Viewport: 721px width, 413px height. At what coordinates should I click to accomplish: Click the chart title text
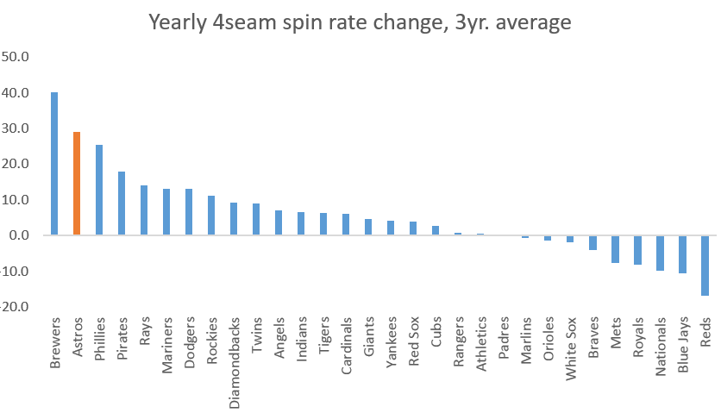[360, 23]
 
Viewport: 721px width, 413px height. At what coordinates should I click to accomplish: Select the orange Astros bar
[77, 184]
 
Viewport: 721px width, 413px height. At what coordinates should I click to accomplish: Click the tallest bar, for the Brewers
[54, 164]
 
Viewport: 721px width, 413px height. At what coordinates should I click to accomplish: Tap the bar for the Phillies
[99, 190]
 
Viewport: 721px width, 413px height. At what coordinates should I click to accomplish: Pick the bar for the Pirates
[122, 203]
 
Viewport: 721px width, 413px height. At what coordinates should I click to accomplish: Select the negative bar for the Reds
[705, 266]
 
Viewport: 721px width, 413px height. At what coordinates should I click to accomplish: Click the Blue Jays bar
[682, 254]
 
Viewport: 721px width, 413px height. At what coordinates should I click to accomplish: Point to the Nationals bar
[660, 253]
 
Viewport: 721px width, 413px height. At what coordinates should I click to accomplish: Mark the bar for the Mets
[615, 249]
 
